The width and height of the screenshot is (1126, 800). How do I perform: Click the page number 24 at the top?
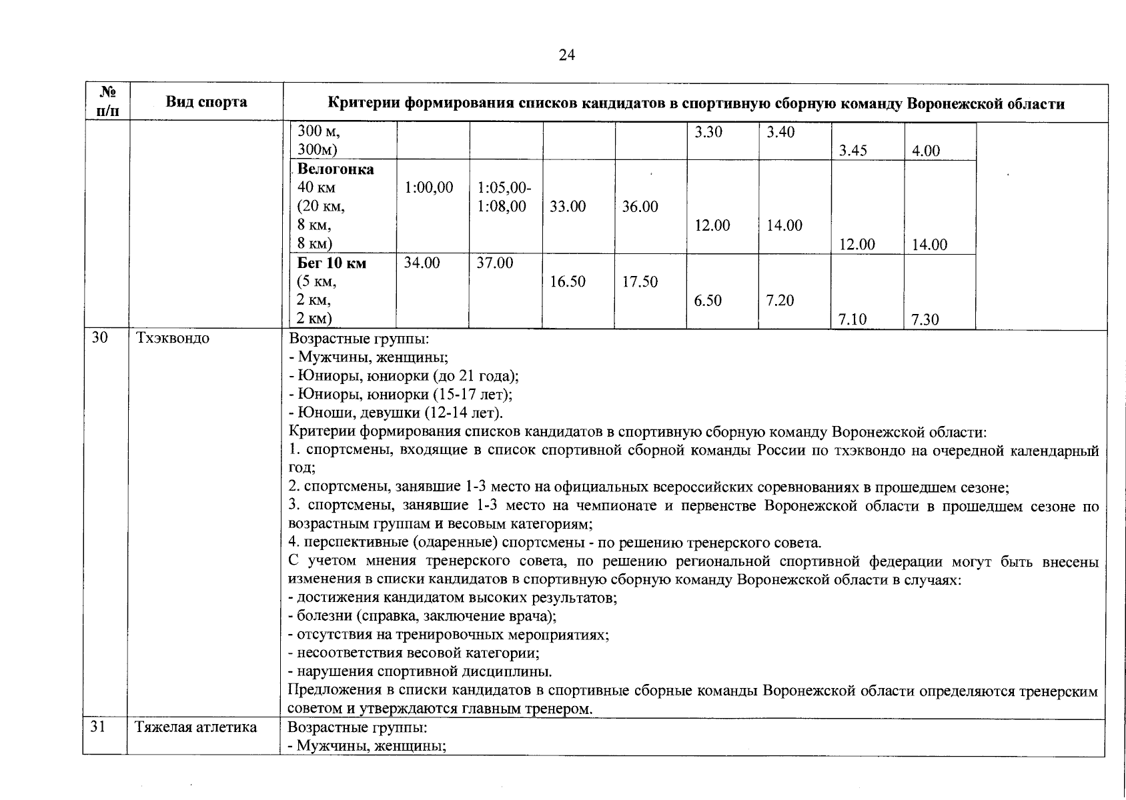pyautogui.click(x=566, y=55)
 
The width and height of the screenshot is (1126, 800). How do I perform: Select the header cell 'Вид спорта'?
pyautogui.click(x=206, y=102)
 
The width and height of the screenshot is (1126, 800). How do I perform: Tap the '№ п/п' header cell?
pyautogui.click(x=106, y=102)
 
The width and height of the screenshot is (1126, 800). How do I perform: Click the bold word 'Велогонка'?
pyautogui.click(x=336, y=169)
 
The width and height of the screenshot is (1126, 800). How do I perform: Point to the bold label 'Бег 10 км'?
pyautogui.click(x=332, y=263)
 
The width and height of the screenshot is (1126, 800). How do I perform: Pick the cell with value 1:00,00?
pyautogui.click(x=428, y=188)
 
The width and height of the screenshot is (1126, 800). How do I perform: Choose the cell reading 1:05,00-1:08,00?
pyautogui.click(x=504, y=197)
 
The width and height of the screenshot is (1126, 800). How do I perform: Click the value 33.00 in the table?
pyautogui.click(x=568, y=207)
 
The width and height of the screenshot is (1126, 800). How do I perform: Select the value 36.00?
pyautogui.click(x=640, y=207)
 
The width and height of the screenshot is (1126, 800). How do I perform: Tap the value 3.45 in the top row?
pyautogui.click(x=853, y=151)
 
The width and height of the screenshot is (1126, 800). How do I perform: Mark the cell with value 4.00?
pyautogui.click(x=926, y=151)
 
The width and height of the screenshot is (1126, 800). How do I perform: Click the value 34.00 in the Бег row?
pyautogui.click(x=422, y=263)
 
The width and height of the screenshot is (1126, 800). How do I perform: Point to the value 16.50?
pyautogui.click(x=568, y=282)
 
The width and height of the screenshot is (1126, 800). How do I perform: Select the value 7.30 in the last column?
pyautogui.click(x=925, y=320)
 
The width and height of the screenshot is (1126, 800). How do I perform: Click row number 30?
pyautogui.click(x=99, y=338)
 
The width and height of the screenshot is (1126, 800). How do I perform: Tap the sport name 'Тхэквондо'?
pyautogui.click(x=172, y=338)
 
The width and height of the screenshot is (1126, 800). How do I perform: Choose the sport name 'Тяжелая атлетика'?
pyautogui.click(x=196, y=727)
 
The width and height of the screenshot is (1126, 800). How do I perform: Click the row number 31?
pyautogui.click(x=98, y=727)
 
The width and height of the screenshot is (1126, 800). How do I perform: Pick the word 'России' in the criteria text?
pyautogui.click(x=780, y=451)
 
